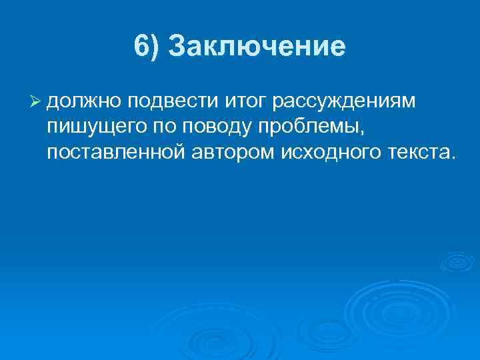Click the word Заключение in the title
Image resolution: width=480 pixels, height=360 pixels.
[x=257, y=47]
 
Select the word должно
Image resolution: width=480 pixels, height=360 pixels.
[x=85, y=101]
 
